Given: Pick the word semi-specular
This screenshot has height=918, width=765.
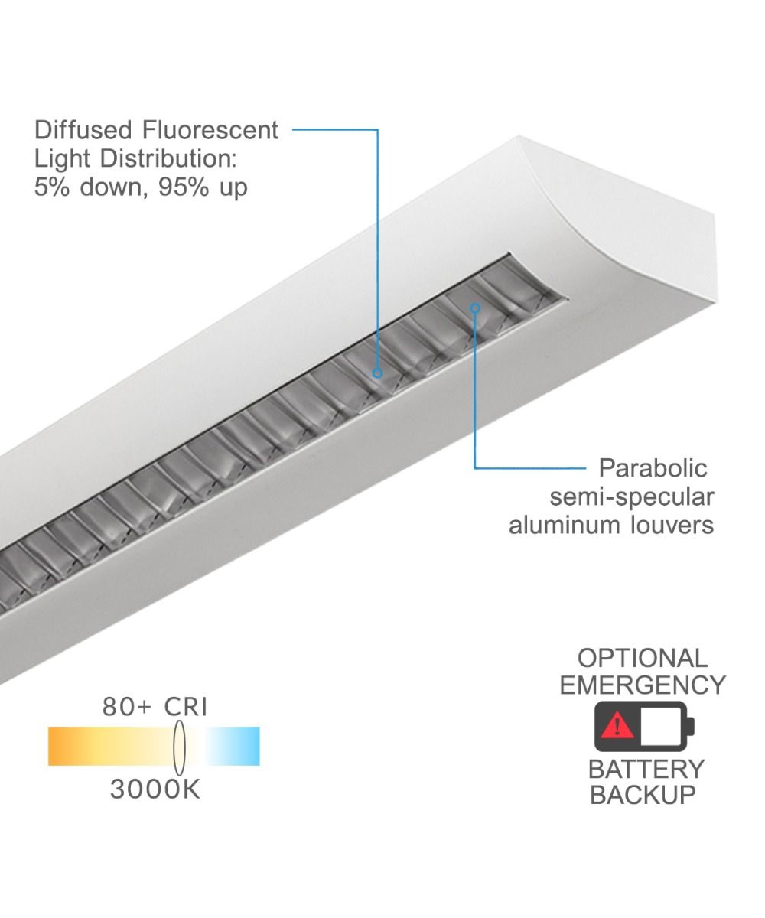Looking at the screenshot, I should coord(632,496).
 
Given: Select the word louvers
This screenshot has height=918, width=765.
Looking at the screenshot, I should coord(677,525).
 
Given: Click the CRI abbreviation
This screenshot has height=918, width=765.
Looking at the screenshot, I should coord(186,707).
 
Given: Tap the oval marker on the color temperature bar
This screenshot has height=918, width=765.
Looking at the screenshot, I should coord(180,746).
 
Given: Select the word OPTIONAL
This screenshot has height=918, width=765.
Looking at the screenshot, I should coord(642,658).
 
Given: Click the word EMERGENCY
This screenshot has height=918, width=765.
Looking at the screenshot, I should coord(642,685).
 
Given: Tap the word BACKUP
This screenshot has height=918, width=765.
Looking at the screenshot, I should coord(642,795).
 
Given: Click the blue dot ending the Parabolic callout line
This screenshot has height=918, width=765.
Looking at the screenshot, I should coord(475,308).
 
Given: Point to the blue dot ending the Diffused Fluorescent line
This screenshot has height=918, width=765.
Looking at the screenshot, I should coord(377,373).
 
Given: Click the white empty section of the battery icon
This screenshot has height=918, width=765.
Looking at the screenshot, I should coord(662,725).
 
